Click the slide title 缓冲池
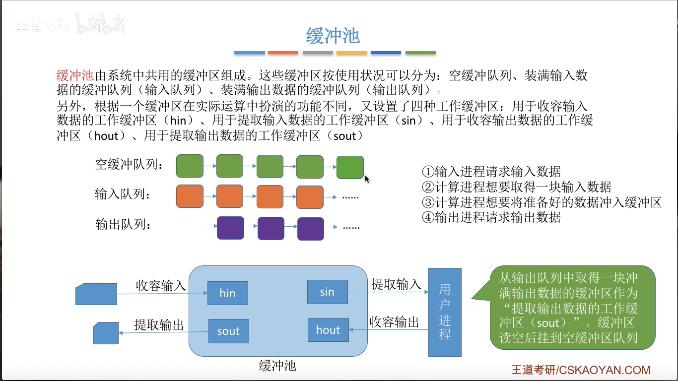pos(333,36)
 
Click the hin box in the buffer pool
pos(227,293)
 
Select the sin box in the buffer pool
pos(327,292)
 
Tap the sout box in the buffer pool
pos(228,331)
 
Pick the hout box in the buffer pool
pos(328,330)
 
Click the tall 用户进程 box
pos(445,312)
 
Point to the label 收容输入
pos(161,286)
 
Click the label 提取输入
pos(396,284)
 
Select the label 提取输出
pos(159,325)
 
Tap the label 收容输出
pos(395,322)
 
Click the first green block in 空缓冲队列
pos(190,166)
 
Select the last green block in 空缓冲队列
pos(350,167)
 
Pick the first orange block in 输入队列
pos(190,196)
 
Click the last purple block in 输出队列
pos(310,229)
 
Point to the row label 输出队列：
pos(123,225)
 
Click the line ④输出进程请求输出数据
pos(491,217)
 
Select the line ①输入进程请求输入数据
pos(491,172)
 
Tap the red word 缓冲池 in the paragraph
pos(75,76)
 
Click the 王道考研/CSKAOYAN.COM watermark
pos(581,370)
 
